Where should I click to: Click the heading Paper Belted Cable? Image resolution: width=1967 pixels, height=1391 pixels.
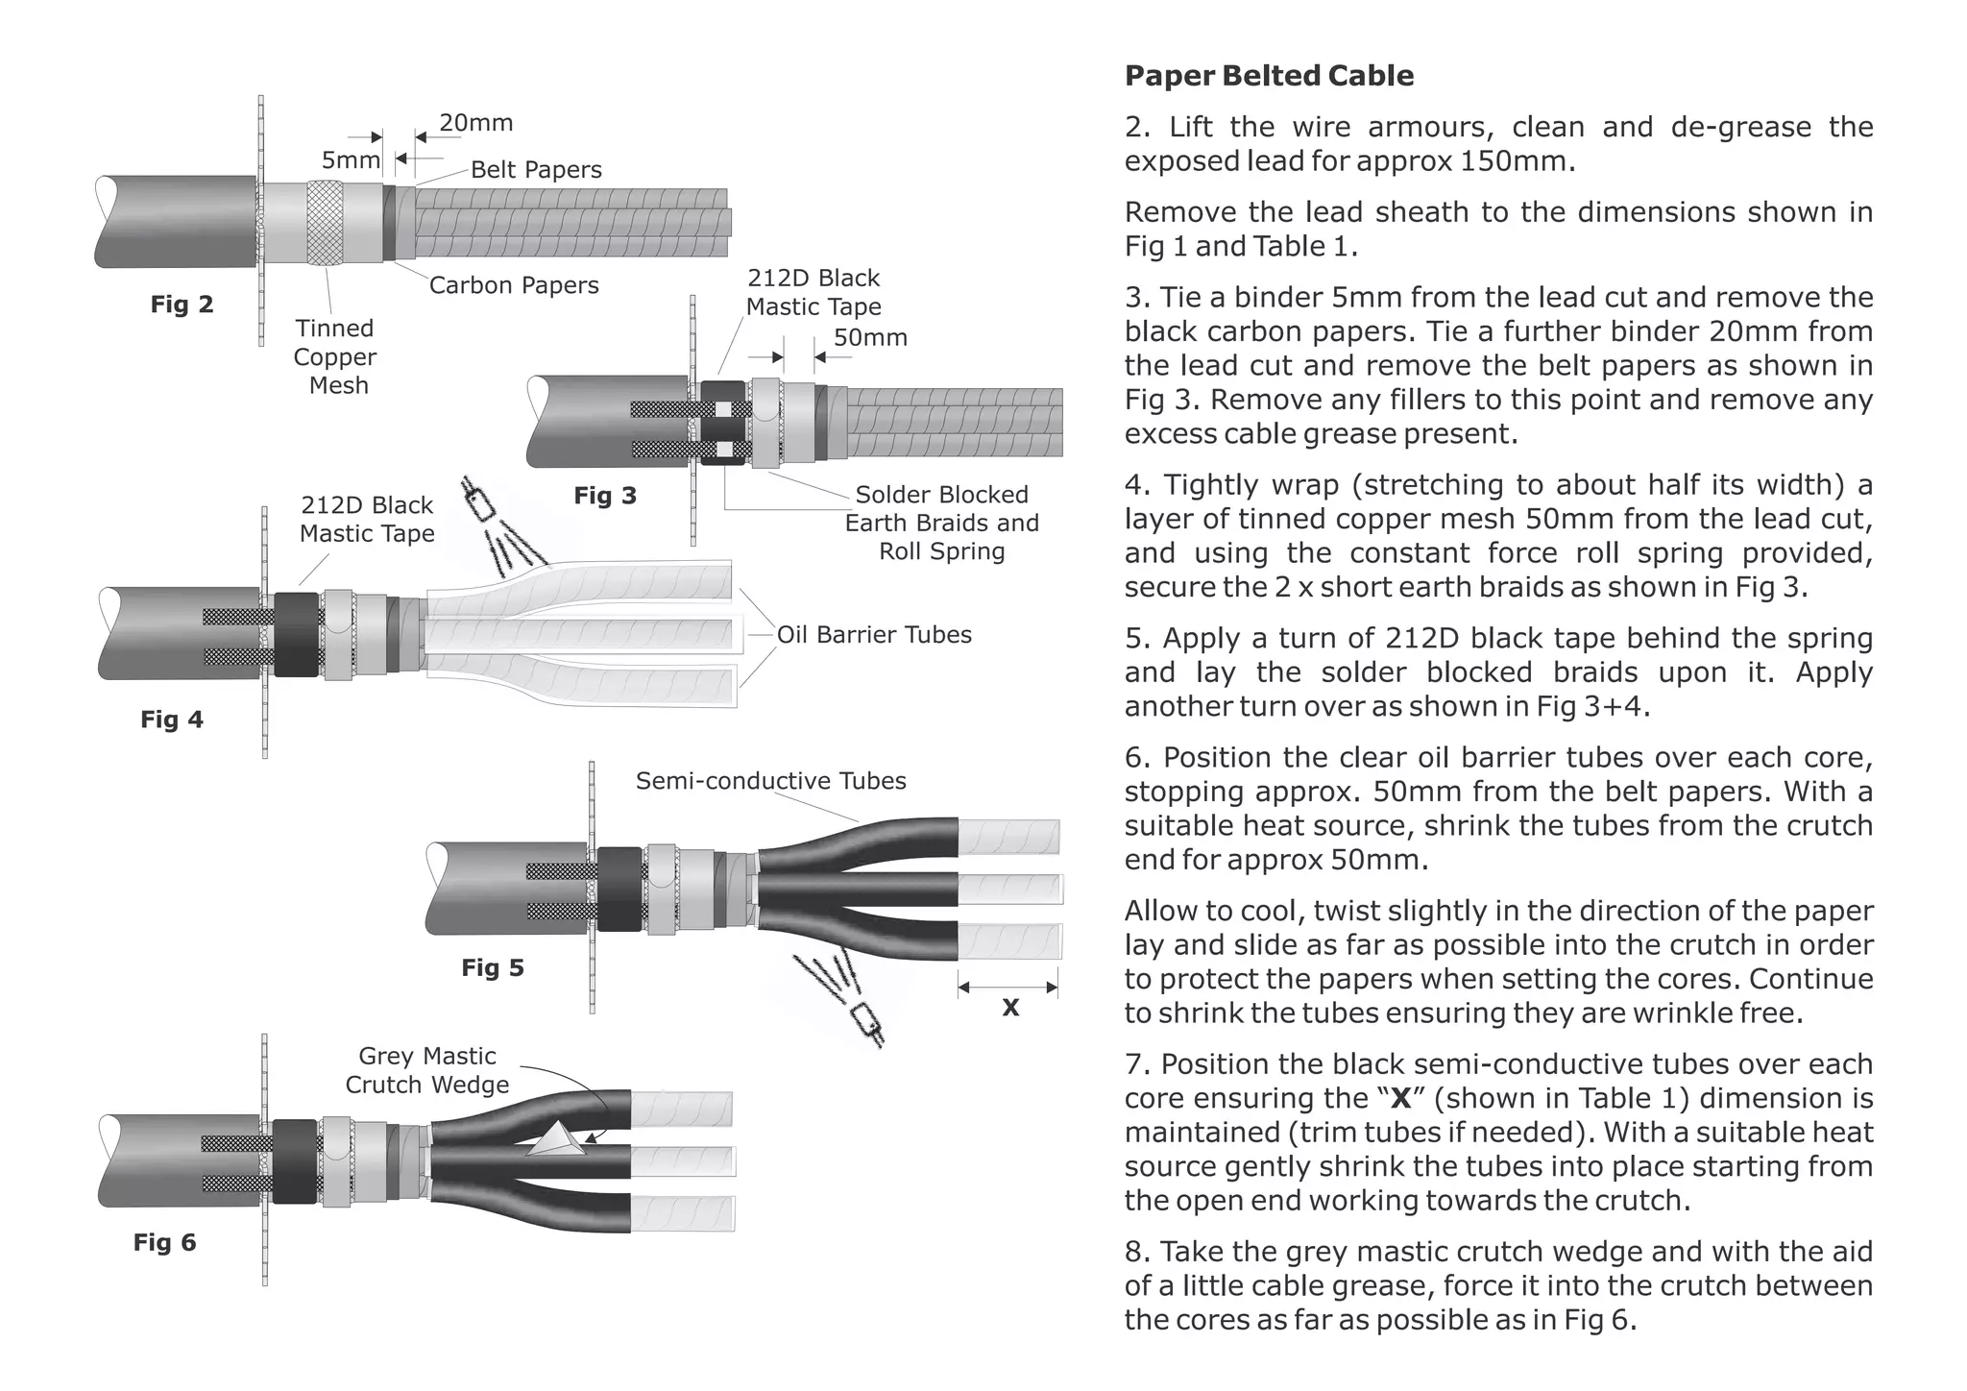click(x=1268, y=76)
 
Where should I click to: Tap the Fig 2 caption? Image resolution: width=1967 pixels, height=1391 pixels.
click(x=182, y=305)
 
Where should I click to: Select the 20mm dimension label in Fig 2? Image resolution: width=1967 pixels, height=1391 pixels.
click(x=475, y=123)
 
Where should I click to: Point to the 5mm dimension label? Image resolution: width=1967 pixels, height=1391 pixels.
click(x=350, y=159)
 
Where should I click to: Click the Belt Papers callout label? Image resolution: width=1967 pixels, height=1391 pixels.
click(x=536, y=170)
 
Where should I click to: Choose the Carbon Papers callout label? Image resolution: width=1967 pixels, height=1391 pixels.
click(x=513, y=285)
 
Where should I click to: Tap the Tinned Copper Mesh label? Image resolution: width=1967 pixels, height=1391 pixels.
click(x=334, y=356)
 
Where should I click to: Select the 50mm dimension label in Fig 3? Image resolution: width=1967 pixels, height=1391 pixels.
click(x=869, y=338)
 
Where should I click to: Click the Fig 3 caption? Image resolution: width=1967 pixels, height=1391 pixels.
click(x=605, y=496)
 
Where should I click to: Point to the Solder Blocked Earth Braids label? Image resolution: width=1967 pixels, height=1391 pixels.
click(x=941, y=523)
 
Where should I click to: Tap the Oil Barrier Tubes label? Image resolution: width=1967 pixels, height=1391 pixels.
click(x=873, y=635)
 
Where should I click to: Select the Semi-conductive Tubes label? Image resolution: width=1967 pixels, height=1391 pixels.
click(x=770, y=781)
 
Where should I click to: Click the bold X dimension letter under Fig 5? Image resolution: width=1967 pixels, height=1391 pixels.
click(x=1010, y=1008)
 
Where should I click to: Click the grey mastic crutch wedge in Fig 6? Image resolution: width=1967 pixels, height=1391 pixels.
click(x=556, y=1140)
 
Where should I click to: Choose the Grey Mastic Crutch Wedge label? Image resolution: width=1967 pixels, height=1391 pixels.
click(x=426, y=1070)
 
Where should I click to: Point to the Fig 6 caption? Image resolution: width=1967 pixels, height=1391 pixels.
click(x=164, y=1242)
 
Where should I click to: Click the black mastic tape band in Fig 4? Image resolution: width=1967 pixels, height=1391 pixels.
click(x=296, y=634)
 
